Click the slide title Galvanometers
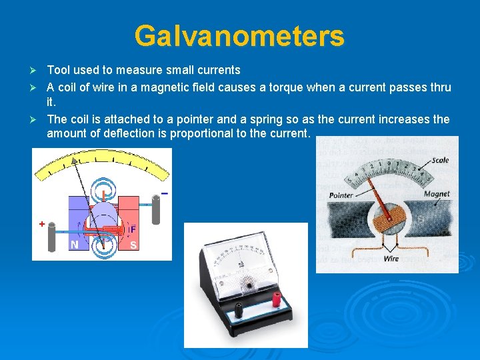239,36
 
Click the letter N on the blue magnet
74,245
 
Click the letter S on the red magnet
133,245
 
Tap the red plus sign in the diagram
41,225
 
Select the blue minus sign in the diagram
163,193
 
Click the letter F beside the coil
133,229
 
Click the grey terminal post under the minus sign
157,210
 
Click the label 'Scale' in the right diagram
440,161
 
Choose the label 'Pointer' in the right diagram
341,195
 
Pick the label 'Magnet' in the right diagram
437,194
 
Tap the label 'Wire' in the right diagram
391,258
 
